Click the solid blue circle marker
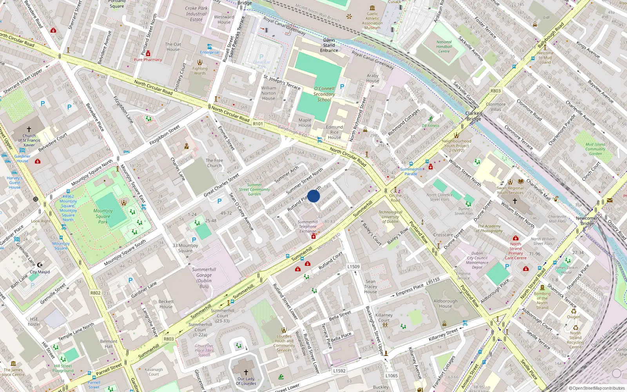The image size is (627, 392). click(x=313, y=196)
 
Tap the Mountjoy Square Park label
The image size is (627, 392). click(x=103, y=216)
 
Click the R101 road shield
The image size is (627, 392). click(x=258, y=124)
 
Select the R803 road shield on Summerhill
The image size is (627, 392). click(x=169, y=339)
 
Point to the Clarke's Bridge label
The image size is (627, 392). click(x=474, y=116)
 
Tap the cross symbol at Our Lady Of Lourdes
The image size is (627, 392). click(x=246, y=372)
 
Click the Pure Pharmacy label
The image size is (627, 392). click(x=148, y=60)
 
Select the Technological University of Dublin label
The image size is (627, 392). click(x=390, y=217)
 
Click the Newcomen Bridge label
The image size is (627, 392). click(x=587, y=221)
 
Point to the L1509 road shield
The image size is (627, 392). click(x=353, y=267)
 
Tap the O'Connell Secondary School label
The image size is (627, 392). click(x=324, y=94)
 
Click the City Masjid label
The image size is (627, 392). click(x=40, y=272)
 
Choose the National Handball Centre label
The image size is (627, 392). click(x=444, y=47)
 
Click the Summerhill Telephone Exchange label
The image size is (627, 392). click(x=308, y=227)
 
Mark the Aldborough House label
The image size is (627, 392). click(x=446, y=303)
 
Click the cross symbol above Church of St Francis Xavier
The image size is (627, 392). click(x=29, y=129)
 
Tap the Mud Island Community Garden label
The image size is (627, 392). click(x=595, y=149)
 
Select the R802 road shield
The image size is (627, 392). click(x=95, y=293)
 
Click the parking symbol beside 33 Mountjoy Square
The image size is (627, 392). click(x=194, y=240)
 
